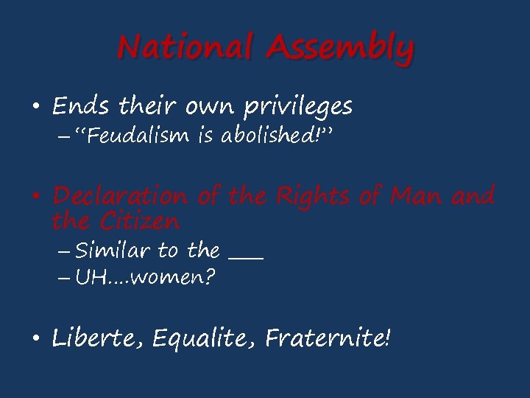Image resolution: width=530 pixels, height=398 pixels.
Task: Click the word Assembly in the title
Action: pyautogui.click(x=339, y=49)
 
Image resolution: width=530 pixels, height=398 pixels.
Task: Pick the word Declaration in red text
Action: pyautogui.click(x=120, y=196)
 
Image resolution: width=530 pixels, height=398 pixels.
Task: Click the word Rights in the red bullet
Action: pyautogui.click(x=314, y=196)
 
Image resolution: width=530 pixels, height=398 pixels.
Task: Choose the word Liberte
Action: pyautogui.click(x=97, y=338)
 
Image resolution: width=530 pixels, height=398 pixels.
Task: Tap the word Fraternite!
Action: pyautogui.click(x=328, y=338)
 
